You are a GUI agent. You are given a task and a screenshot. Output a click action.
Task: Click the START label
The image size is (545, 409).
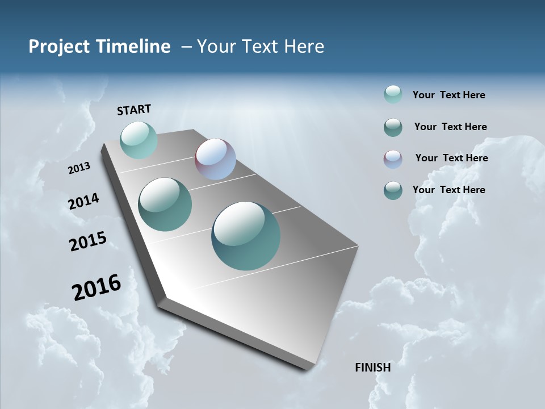click(x=134, y=110)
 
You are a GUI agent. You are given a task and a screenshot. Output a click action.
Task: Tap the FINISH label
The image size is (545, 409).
click(x=372, y=368)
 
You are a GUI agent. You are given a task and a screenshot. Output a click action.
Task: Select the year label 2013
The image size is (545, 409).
click(x=79, y=168)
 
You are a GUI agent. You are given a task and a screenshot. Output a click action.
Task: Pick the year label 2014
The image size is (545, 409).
click(x=84, y=202)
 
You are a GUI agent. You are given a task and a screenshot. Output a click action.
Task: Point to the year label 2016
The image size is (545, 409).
click(x=97, y=287)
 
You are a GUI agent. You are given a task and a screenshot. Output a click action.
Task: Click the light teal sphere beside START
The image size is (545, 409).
click(x=139, y=140)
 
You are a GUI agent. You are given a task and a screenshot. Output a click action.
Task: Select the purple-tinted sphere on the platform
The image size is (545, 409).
click(x=215, y=159)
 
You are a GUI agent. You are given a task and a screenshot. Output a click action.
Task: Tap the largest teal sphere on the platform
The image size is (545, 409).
click(x=246, y=236)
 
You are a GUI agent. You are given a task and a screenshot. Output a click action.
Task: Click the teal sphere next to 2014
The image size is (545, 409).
click(x=165, y=204)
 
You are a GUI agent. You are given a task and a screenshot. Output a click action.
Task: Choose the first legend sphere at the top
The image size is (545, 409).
click(x=393, y=94)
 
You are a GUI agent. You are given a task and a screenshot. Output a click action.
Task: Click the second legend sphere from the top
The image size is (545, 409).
click(x=393, y=127)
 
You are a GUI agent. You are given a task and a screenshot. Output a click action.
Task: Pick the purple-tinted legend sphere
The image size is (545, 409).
click(x=393, y=159)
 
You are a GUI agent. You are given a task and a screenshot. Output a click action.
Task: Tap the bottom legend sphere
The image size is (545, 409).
click(x=393, y=190)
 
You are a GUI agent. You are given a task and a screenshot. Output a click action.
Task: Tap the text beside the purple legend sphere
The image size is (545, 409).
click(x=451, y=158)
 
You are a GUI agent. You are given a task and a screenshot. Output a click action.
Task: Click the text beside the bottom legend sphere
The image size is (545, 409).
click(x=448, y=190)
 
